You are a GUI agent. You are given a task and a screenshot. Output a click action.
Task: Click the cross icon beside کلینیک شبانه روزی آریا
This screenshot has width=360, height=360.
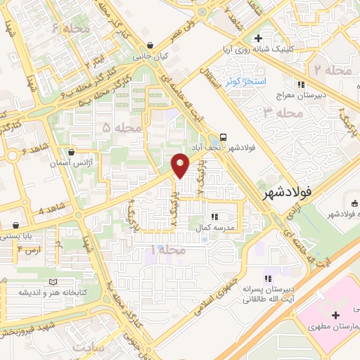point(259,38)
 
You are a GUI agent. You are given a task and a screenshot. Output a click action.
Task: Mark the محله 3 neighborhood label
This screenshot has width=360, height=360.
point(276,112)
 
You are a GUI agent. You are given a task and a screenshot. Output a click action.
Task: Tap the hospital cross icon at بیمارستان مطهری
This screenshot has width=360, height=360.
point(335,314)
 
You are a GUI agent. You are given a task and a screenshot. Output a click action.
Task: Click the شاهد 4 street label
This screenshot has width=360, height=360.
point(32,210)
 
